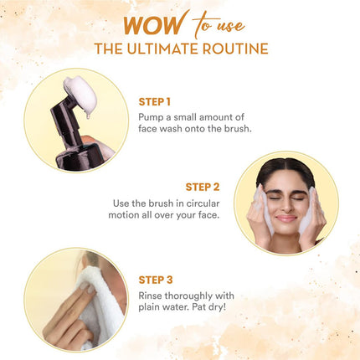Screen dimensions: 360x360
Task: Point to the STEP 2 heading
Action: (203, 187)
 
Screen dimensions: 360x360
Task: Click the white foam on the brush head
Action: (80, 94)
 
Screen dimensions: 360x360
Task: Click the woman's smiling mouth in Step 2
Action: (286, 219)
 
